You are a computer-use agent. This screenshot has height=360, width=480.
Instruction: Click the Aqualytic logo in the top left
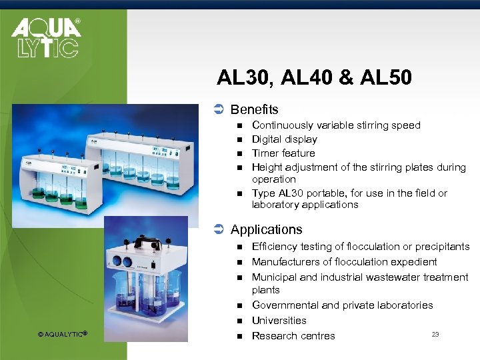pos(46,38)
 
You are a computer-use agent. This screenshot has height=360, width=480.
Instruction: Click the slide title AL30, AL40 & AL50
pos(314,79)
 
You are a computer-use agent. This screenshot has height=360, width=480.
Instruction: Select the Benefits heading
pos(254,109)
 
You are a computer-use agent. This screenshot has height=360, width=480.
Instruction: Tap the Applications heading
pos(266,229)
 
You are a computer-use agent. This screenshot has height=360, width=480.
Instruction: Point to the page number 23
pos(435,334)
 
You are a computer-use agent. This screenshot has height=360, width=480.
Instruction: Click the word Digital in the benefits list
pos(266,139)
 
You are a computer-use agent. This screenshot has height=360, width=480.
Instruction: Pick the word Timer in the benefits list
pos(265,153)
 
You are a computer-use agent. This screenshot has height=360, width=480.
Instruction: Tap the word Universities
pos(279,321)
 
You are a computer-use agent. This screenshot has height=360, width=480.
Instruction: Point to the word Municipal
pos(274,277)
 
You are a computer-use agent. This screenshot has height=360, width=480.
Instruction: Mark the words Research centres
pos(293,336)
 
